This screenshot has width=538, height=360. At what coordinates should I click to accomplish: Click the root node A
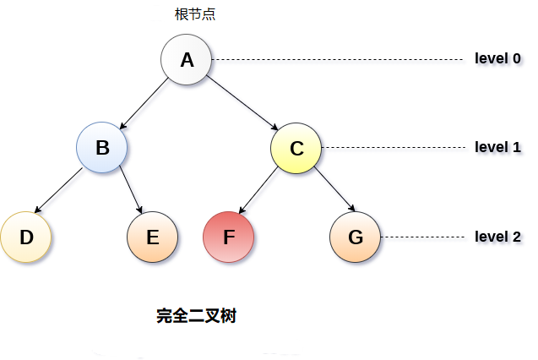click(x=187, y=60)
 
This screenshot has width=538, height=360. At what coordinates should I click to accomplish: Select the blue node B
click(x=102, y=148)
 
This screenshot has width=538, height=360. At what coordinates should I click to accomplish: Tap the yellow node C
click(x=296, y=149)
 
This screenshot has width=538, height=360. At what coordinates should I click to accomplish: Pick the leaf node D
click(x=26, y=237)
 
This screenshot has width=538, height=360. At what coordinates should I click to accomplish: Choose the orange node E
click(x=153, y=237)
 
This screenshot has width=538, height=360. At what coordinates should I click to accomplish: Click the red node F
click(x=229, y=237)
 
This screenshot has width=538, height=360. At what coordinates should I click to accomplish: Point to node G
click(x=356, y=237)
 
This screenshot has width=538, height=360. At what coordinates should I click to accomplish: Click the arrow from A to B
click(x=144, y=104)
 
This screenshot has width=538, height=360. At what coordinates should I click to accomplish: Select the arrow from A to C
click(x=242, y=104)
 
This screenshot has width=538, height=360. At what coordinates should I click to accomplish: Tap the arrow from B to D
click(x=60, y=191)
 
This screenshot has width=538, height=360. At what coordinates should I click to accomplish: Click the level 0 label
click(x=497, y=59)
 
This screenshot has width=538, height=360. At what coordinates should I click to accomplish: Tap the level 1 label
click(x=497, y=147)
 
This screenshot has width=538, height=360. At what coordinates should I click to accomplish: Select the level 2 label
click(x=497, y=237)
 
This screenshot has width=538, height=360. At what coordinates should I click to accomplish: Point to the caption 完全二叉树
click(x=196, y=317)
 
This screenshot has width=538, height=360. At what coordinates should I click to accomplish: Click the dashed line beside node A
click(x=338, y=60)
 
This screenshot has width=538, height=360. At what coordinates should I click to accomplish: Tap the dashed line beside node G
click(x=422, y=237)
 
